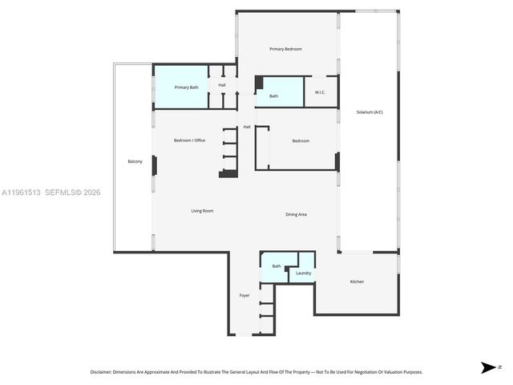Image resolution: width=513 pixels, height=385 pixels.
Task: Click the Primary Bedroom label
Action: [x=285, y=49]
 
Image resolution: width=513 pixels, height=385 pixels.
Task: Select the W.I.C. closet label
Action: [x=320, y=93]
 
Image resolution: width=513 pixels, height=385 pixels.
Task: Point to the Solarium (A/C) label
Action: [x=370, y=111]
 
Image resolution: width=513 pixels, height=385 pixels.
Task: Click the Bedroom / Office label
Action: [x=189, y=140]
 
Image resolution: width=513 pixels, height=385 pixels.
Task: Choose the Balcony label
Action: [x=135, y=162]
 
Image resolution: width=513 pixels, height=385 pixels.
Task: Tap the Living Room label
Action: [x=202, y=211]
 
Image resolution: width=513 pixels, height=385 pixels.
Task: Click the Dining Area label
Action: [x=297, y=214]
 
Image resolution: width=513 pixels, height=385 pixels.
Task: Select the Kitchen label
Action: [x=357, y=282]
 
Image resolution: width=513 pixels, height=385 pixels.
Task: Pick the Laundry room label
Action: [x=303, y=274]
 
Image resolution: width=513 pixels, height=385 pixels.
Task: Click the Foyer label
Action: [x=244, y=295]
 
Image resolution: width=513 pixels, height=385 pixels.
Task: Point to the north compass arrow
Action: [x=487, y=367]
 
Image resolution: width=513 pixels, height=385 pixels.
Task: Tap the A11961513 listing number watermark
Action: [x=22, y=192]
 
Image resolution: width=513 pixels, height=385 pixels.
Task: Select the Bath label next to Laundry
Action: [x=277, y=266]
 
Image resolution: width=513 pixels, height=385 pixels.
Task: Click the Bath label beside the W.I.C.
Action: [x=273, y=96]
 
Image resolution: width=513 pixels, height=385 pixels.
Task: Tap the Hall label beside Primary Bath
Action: [x=222, y=84]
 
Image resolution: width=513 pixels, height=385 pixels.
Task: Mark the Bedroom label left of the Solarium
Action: [x=301, y=141]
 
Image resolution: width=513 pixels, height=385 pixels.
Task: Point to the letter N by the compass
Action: [x=500, y=367]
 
